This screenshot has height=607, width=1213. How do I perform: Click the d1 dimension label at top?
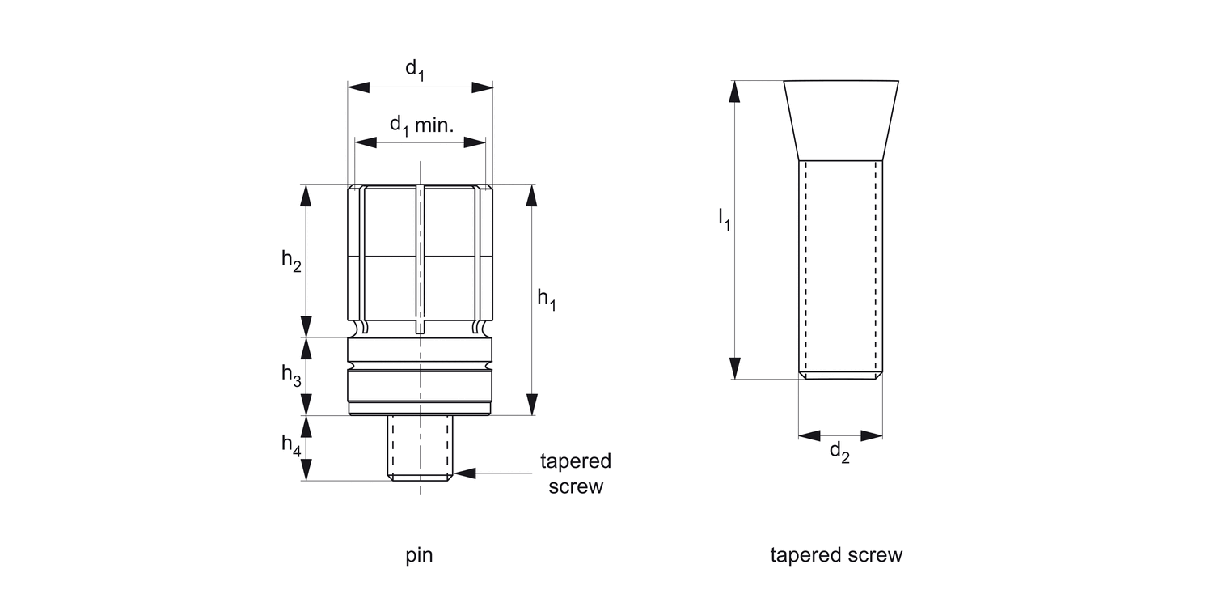415,70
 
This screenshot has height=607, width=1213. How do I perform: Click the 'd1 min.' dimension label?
422,125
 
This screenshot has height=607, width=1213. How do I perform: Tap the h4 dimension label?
291,444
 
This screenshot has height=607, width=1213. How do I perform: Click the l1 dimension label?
724,219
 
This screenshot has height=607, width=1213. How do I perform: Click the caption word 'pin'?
419,555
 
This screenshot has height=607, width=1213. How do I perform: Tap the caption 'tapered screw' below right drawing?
836,555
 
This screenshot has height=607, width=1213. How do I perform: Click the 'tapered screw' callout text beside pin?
576,473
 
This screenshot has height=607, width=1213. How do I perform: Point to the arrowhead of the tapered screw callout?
465,472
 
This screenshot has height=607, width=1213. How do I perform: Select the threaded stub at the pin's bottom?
420,447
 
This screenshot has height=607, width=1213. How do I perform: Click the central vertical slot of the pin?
419,259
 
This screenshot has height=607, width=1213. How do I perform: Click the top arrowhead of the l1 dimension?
734,91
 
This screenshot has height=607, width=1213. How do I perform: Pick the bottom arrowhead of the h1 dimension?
531,405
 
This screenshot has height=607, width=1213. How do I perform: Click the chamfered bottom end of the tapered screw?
840,376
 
